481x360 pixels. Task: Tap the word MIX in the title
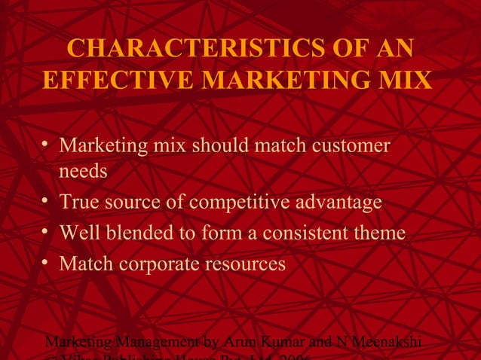[408, 79]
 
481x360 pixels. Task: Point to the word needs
[83, 172]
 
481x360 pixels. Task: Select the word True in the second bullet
[80, 203]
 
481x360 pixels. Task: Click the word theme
[380, 233]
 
